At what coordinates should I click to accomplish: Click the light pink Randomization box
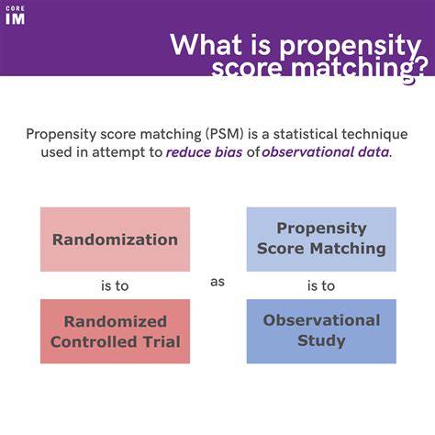(x=115, y=240)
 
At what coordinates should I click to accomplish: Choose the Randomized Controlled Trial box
(x=115, y=331)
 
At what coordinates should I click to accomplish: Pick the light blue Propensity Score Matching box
(x=321, y=239)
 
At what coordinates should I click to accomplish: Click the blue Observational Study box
(x=321, y=330)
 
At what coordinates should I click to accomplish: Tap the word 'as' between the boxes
(x=217, y=283)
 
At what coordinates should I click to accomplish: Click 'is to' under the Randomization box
(x=115, y=285)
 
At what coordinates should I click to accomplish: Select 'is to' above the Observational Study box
(x=321, y=285)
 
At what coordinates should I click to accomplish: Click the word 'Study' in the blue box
(x=321, y=340)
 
